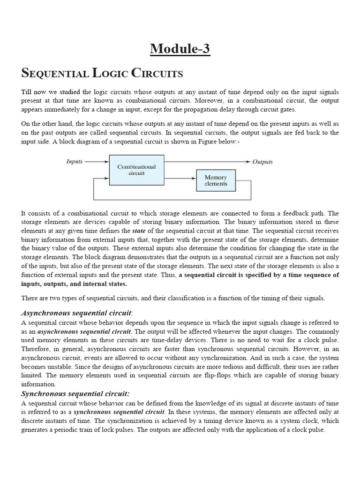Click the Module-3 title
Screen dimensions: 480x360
180,48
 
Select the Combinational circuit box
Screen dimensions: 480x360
136,170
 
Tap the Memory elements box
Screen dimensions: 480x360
216,180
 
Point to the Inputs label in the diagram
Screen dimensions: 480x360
74,162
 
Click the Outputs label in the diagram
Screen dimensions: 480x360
262,162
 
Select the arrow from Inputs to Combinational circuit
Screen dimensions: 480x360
97,162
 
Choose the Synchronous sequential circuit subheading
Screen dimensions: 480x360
75,394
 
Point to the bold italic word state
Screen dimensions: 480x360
139,231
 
